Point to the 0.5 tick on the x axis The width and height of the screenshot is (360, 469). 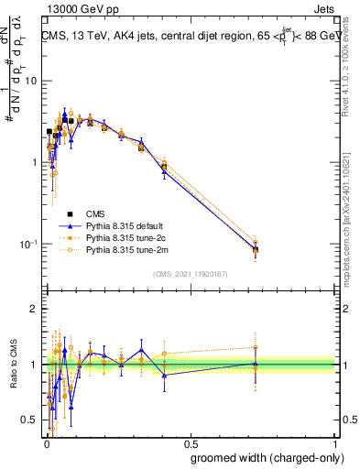[x=190, y=442]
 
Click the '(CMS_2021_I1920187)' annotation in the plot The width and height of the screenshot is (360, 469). [x=190, y=274]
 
